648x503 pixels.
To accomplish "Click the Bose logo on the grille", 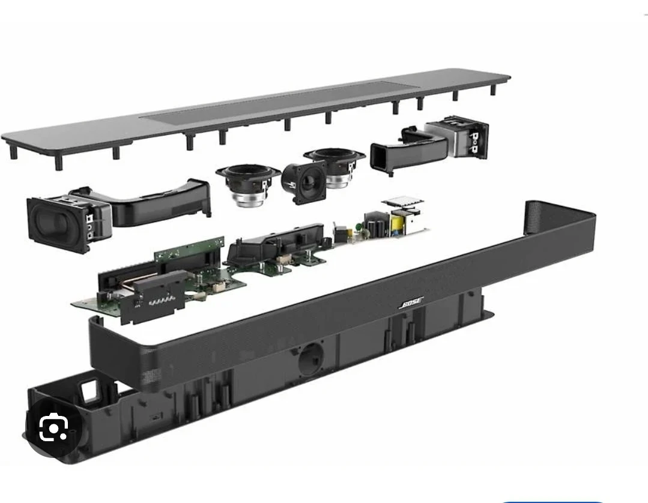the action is tap(411, 303).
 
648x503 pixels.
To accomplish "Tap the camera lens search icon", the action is tap(53, 427).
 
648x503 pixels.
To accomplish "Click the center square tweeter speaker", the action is tap(304, 182).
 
